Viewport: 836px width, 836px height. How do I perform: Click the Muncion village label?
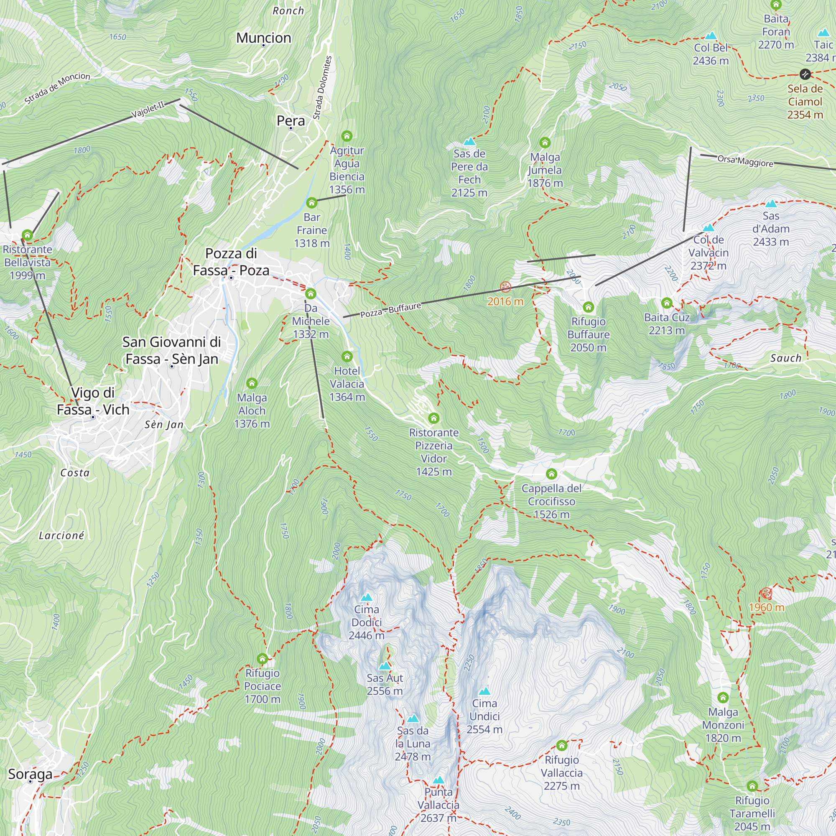(263, 38)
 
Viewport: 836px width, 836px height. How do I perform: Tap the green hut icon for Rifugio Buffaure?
(588, 307)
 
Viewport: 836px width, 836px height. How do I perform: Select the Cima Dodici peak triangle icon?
(367, 598)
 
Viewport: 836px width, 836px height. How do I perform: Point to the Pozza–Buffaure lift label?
(391, 310)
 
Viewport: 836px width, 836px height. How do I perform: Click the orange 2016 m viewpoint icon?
(505, 287)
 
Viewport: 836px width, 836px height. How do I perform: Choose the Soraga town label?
(30, 774)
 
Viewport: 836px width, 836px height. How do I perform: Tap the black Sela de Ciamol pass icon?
(805, 74)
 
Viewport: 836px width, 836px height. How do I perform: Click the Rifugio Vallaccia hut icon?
(562, 745)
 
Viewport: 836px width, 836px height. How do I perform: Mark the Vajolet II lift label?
(148, 110)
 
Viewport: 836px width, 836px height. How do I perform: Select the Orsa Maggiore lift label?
(745, 161)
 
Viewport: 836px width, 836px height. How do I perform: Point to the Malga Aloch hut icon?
(252, 383)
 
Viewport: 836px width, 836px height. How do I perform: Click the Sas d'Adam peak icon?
(771, 204)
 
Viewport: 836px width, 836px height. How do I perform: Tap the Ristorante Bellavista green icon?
(27, 235)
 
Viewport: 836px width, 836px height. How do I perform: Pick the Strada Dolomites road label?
(322, 88)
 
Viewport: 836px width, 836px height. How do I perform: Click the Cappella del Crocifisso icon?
(551, 474)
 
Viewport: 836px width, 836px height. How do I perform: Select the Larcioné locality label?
(61, 536)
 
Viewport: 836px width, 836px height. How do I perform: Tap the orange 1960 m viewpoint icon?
(766, 593)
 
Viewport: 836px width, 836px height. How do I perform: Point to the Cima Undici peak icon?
(484, 691)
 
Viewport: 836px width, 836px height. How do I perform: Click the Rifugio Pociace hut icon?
(262, 659)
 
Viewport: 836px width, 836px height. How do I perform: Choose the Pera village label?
(291, 121)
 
